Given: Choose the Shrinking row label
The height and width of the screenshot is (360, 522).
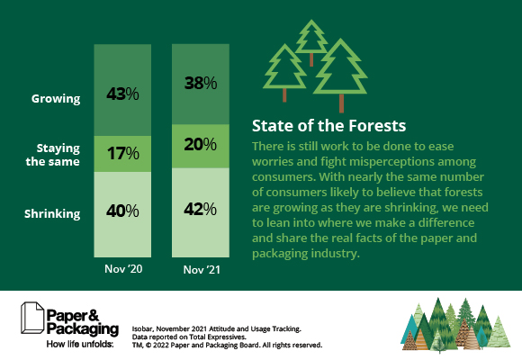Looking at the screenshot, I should pos(53,213).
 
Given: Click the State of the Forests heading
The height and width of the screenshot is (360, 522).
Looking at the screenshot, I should pos(328,124).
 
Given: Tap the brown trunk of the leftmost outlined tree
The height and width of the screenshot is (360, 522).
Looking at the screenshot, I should pos(283,93).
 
